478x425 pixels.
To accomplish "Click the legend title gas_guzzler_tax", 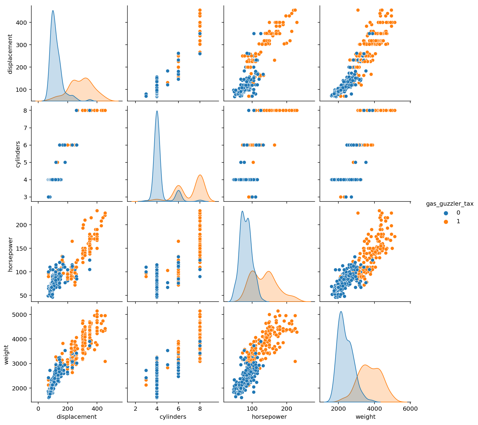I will coord(450,204).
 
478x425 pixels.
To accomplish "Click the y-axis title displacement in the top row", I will coord(10,54).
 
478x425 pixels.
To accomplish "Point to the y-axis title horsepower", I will coord(10,254).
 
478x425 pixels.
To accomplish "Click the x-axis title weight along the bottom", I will coord(366,417).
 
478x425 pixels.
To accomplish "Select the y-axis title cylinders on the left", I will coord(18,154).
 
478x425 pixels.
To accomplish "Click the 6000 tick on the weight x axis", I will coord(410,408).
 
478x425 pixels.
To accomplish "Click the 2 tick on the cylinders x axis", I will coord(135,408).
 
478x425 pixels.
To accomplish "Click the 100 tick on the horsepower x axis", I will coord(252,408).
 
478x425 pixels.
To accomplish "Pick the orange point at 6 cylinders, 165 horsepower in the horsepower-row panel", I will coord(178,241).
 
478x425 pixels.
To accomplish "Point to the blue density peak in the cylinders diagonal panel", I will coord(157,111).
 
